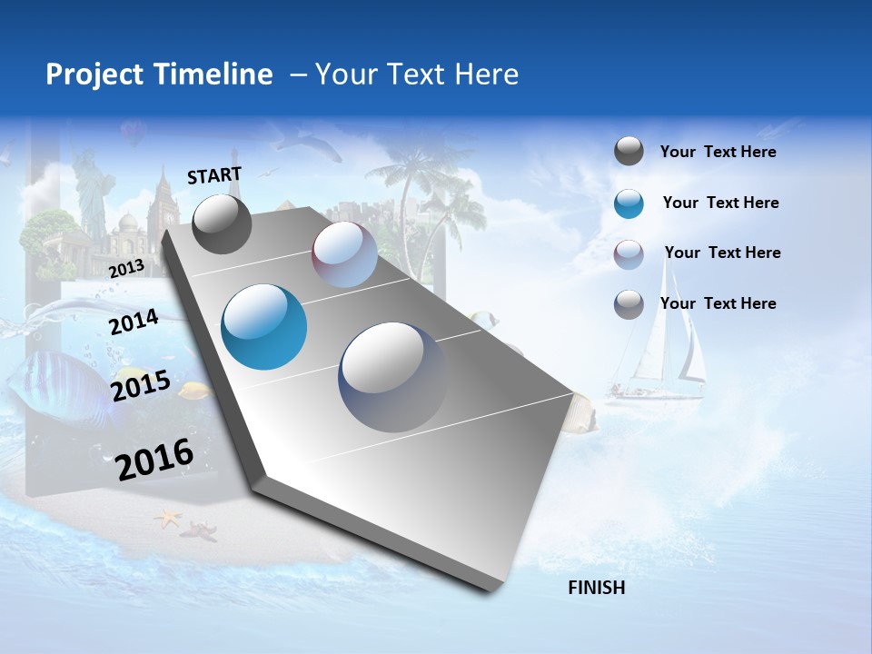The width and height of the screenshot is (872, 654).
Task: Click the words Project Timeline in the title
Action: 159,74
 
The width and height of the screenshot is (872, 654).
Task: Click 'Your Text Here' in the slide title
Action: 417,74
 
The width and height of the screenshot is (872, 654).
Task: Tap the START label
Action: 214,175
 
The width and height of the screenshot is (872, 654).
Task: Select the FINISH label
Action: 596,588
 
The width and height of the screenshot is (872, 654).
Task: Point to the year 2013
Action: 126,268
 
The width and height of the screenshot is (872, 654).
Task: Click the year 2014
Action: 134,322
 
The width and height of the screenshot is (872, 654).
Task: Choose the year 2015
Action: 140,386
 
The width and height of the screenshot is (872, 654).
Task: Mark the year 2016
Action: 154,460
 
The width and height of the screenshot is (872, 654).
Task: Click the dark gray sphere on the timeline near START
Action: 222,224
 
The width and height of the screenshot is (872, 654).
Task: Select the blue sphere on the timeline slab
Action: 263,327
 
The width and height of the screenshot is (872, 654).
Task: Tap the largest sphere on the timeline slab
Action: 392,377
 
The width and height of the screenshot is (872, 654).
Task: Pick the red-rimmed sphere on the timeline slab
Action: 344,254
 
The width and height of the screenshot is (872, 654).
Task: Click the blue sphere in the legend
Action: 629,203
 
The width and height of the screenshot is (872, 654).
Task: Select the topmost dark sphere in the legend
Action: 629,152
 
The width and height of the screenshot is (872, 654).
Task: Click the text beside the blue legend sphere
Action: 720,203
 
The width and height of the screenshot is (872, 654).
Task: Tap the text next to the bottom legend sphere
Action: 718,303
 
